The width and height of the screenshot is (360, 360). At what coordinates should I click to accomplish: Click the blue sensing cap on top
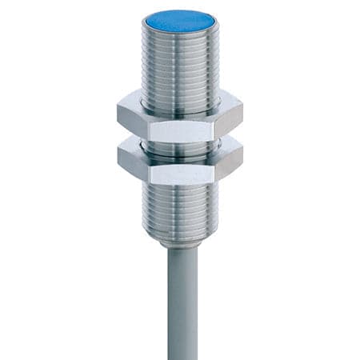(179, 21)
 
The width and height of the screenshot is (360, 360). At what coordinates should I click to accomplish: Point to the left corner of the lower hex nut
(118, 158)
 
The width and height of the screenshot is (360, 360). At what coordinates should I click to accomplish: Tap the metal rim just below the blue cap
(180, 34)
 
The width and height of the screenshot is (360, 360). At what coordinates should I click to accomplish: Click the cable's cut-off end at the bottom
(180, 357)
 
